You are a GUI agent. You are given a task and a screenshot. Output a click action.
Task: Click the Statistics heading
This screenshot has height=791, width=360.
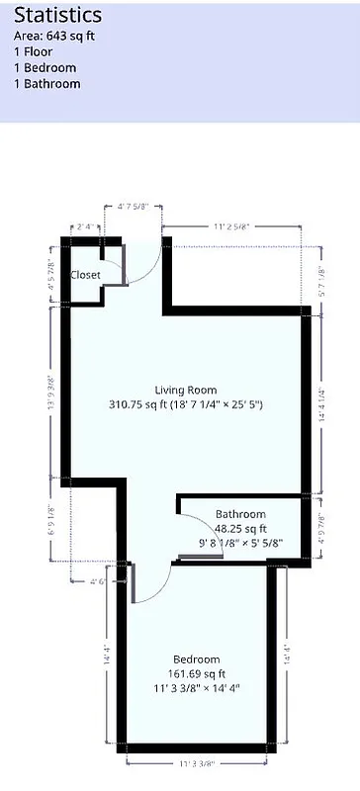pyautogui.click(x=57, y=16)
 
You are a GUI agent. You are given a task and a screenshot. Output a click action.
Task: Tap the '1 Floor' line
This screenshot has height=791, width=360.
pyautogui.click(x=34, y=52)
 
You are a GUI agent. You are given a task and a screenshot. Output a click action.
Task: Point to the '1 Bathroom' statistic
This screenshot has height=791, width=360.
pyautogui.click(x=47, y=84)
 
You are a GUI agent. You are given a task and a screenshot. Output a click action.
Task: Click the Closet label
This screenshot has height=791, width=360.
pyautogui.click(x=85, y=275)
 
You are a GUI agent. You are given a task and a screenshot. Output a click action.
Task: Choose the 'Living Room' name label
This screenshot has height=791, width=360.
pyautogui.click(x=185, y=390)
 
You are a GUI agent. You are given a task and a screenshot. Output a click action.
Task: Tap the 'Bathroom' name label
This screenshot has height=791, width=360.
pyautogui.click(x=240, y=514)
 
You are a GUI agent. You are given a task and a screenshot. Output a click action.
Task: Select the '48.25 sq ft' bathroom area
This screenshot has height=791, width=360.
pyautogui.click(x=240, y=528)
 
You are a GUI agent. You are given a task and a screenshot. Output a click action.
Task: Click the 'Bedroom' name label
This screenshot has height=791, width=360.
pyautogui.click(x=196, y=659)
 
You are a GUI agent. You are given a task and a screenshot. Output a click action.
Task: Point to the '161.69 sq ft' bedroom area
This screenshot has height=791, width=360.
pyautogui.click(x=196, y=674)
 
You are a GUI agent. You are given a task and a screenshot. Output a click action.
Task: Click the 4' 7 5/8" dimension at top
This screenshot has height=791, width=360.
pyautogui.click(x=133, y=208)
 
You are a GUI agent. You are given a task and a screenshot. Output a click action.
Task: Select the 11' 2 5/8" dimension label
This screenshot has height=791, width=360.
pyautogui.click(x=230, y=226)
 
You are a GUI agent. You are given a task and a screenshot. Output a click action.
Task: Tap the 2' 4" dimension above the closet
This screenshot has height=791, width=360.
pyautogui.click(x=86, y=226)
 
